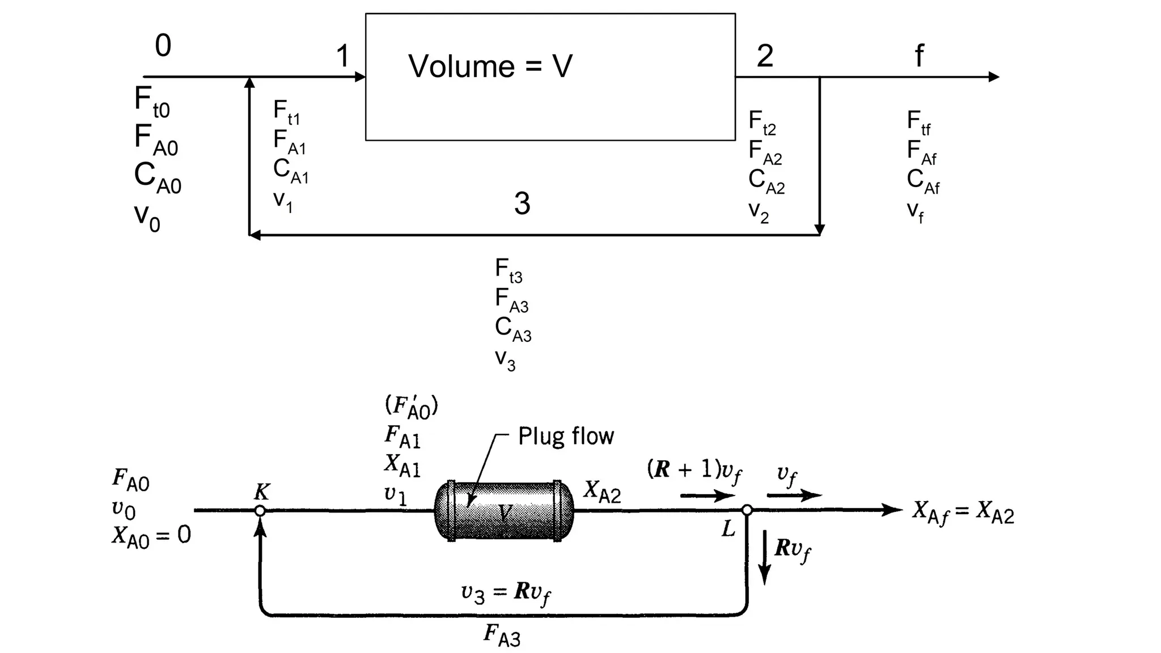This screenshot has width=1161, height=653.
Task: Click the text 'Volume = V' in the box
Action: point(490,66)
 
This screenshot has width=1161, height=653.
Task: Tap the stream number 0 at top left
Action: point(163,45)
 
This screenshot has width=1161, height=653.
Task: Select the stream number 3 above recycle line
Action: point(522,203)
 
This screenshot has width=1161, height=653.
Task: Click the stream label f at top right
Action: point(919,56)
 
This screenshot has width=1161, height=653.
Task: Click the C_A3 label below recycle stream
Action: point(512,329)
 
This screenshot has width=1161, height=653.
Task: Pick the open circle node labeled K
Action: point(260,511)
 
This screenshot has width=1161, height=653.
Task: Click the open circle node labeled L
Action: point(747,510)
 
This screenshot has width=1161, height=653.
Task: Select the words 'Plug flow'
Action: point(566,436)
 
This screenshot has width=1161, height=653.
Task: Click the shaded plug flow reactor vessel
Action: point(503,511)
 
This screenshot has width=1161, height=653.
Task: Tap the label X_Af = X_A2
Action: point(963,512)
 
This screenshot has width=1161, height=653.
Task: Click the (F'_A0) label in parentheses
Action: point(411,406)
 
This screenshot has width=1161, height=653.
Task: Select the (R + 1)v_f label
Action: point(694,470)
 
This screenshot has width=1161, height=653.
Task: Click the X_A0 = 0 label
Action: point(151,536)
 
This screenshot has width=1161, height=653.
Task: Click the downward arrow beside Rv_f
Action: point(764,557)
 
